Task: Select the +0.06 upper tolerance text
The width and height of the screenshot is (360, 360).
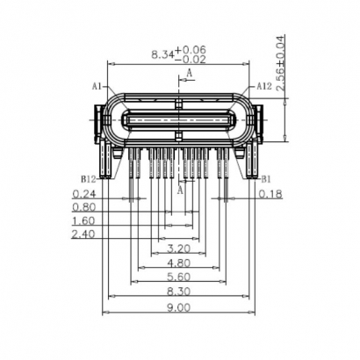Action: click(191, 49)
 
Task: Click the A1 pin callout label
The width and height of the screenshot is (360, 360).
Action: click(97, 86)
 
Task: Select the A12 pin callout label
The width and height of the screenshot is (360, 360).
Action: click(263, 86)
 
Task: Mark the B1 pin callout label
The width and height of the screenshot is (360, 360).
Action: click(264, 177)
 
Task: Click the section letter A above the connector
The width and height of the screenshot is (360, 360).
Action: click(189, 76)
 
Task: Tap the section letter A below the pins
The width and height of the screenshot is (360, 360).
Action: click(181, 189)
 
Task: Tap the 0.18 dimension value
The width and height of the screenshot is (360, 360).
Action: click(270, 195)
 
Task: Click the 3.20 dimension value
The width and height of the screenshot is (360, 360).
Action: click(178, 249)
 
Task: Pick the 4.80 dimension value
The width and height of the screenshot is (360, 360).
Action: click(178, 263)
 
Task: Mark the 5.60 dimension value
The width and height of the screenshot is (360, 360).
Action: click(178, 277)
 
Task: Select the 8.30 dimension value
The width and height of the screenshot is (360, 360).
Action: click(178, 292)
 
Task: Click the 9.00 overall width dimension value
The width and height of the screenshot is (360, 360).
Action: click(178, 307)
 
